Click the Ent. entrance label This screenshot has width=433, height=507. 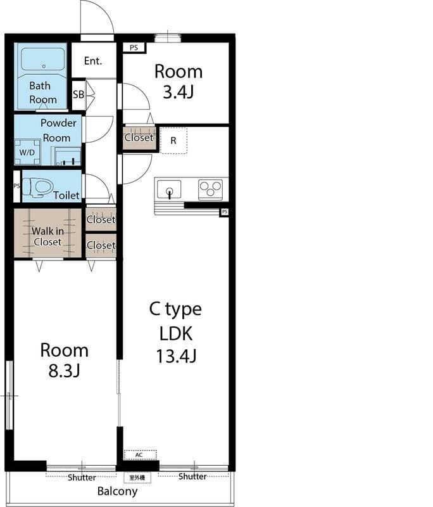point(93,61)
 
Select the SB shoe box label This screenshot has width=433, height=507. point(78,94)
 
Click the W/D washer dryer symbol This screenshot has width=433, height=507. point(27,152)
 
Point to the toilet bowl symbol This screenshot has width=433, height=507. point(38,187)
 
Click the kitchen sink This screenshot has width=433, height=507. point(169,189)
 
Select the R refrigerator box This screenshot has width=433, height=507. point(173,141)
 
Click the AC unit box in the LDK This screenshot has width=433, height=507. point(140,455)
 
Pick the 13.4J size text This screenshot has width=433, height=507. point(176,356)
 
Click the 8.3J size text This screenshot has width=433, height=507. point(65,371)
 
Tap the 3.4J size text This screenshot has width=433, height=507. point(179,92)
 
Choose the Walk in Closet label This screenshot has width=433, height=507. point(47,236)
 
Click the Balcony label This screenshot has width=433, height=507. point(117,491)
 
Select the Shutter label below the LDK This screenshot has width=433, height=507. point(192,476)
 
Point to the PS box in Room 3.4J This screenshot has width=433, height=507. point(134,48)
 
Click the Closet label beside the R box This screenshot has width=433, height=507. point(139,138)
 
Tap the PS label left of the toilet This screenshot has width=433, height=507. point(17,186)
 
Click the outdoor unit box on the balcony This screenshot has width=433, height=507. point(137,478)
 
